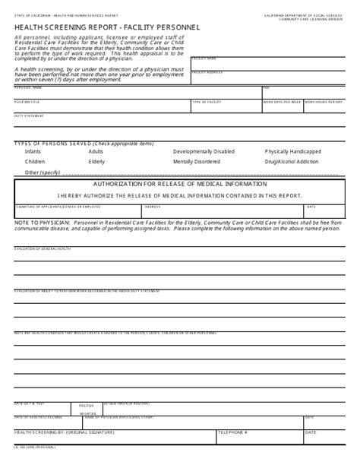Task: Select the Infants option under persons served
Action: coord(33,151)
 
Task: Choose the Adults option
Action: coord(96,151)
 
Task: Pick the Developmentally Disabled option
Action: coord(204,151)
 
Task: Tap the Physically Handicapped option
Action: coord(292,151)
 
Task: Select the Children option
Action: coord(35,162)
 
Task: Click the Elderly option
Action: coord(96,162)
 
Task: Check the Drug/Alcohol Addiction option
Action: coord(292,162)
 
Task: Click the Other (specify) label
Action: coord(42,172)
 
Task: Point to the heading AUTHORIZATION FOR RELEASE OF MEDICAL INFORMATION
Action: coord(180,184)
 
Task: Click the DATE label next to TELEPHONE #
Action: coord(311,432)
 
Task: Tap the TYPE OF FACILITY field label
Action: coord(206,101)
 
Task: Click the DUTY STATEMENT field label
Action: coord(29,115)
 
